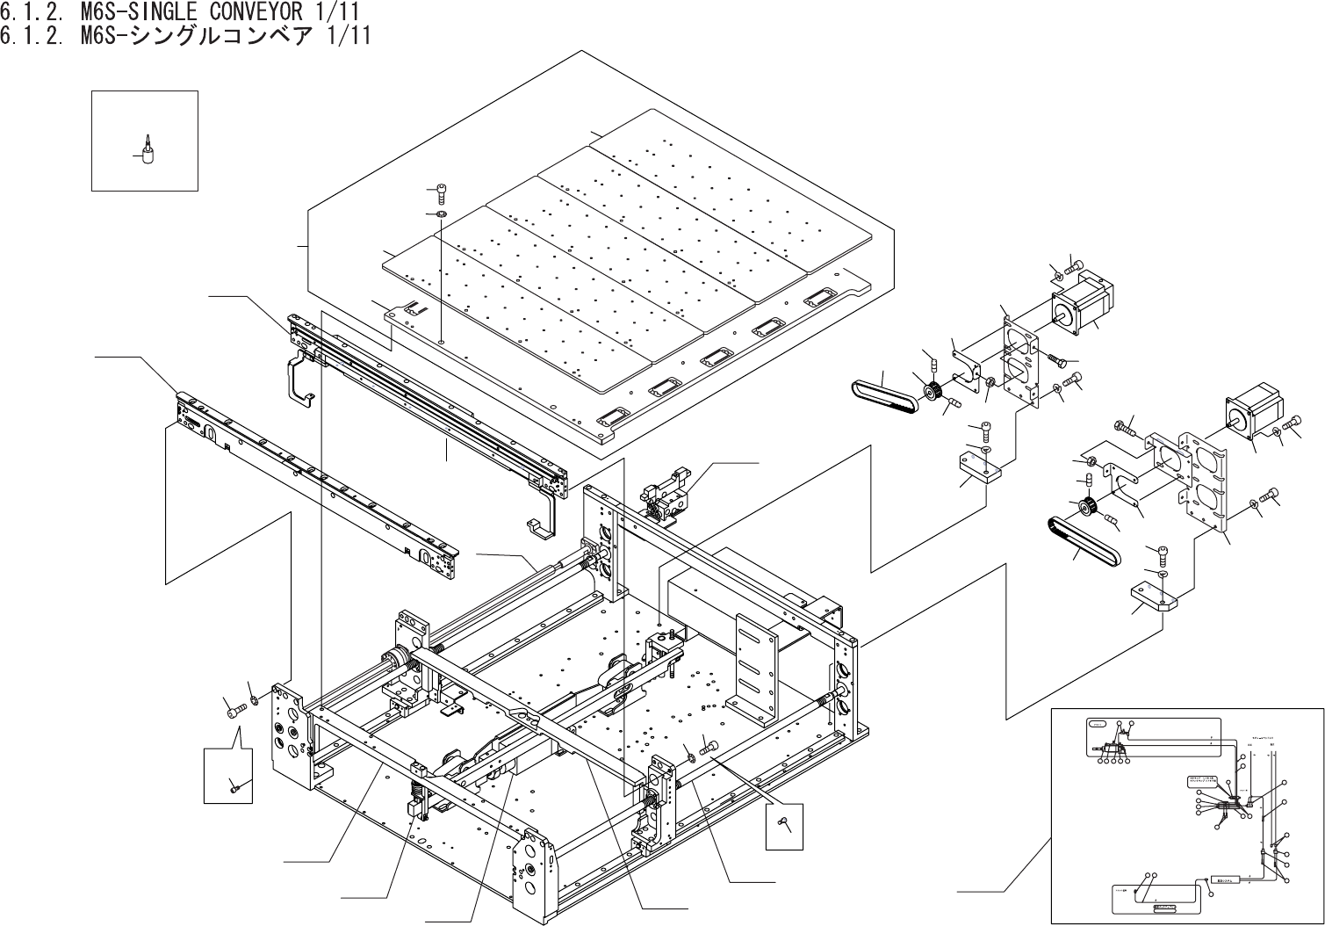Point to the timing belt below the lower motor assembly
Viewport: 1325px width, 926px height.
(x=1083, y=541)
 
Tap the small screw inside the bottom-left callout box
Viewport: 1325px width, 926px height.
(x=234, y=787)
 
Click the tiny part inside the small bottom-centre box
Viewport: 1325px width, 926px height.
(x=784, y=823)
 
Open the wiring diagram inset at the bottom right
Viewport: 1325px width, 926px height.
(x=1185, y=815)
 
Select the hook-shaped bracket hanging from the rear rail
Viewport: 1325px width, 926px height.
(x=299, y=379)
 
